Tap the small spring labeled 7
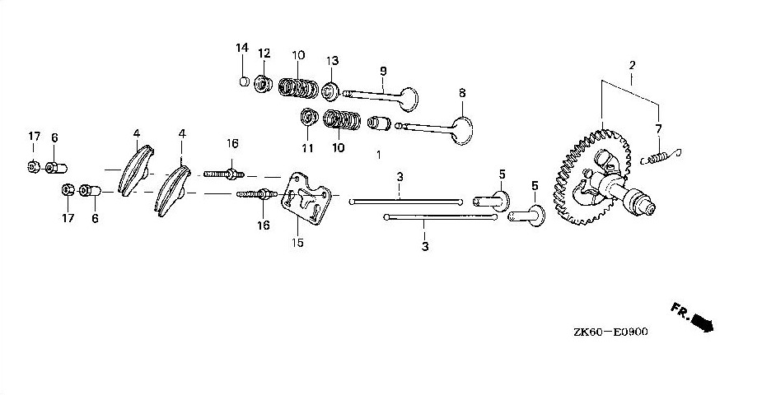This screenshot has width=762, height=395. [x=661, y=156]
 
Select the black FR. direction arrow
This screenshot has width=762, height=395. [x=702, y=322]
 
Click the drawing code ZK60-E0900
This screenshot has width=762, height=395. [x=610, y=332]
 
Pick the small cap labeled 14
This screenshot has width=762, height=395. [x=245, y=81]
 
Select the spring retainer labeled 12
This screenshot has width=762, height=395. [x=264, y=84]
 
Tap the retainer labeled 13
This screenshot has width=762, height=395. [x=331, y=91]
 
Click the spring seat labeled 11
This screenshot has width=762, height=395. [x=308, y=118]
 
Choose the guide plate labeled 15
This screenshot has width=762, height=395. [x=306, y=199]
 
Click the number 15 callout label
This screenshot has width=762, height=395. [x=297, y=242]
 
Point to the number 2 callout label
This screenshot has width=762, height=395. [x=632, y=64]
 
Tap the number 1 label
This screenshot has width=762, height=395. [x=379, y=155]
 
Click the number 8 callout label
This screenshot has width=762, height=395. [x=462, y=93]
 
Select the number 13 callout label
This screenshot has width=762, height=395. [x=332, y=61]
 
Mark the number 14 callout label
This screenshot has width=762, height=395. [x=242, y=48]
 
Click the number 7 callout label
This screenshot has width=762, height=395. [x=659, y=129]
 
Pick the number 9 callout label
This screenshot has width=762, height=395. [x=383, y=72]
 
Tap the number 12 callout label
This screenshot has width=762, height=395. [x=264, y=53]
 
